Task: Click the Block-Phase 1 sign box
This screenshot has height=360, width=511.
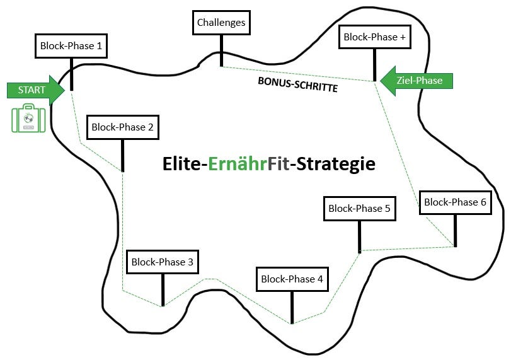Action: pos(71,46)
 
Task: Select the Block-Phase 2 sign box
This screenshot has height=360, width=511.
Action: pos(122,127)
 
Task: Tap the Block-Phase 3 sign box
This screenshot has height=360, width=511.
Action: pos(163,262)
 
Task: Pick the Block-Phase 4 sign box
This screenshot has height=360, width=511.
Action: pos(292,279)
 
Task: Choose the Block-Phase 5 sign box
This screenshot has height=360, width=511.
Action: pos(359,209)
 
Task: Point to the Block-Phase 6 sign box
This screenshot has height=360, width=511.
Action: pos(455,202)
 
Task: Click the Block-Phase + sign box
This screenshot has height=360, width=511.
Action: pos(374,37)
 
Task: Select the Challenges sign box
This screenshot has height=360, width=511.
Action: pos(221,23)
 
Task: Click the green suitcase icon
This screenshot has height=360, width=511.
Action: pos(28,120)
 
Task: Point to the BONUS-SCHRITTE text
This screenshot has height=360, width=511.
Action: pos(298,84)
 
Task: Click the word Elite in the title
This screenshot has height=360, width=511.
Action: pos(183,164)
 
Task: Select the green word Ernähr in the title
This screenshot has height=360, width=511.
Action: pos(238,164)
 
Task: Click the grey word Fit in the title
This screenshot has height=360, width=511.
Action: pos(278,164)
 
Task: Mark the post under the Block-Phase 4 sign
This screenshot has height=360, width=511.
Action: pos(292,308)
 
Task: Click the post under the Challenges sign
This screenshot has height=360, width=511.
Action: pos(221,50)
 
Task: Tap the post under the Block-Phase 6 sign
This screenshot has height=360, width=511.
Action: pos(455,231)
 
